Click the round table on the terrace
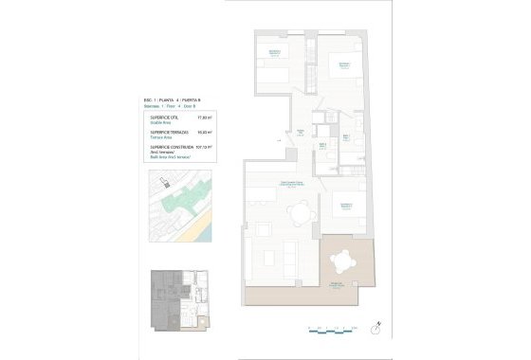pos(343,257)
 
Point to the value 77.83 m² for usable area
pos(202,117)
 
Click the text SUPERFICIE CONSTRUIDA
pos(171,148)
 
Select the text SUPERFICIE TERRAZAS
pos(170,133)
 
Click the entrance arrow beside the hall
pos(279,140)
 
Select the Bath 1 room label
pos(323,144)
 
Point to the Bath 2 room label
pos(347,136)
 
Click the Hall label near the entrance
pos(301,131)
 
